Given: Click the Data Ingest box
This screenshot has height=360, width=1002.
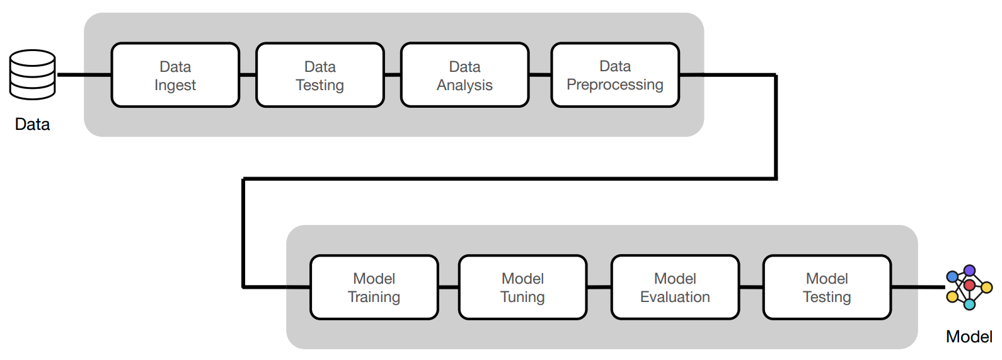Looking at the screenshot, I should [x=175, y=75].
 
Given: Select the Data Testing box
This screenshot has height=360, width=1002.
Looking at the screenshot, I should [x=320, y=75].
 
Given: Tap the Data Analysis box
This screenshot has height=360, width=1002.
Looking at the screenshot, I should [x=464, y=75].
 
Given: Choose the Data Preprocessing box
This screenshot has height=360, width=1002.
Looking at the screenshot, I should [x=615, y=75].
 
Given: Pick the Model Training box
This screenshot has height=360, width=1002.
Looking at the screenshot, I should [x=374, y=287].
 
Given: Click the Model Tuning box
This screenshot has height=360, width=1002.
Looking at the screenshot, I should [x=522, y=287].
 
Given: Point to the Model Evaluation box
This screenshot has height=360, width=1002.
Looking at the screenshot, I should [x=675, y=287].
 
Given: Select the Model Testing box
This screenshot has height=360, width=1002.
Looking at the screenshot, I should [x=827, y=287].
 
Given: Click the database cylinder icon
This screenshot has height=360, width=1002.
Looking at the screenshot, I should [x=33, y=74].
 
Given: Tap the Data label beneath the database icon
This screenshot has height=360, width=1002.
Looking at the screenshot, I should [x=33, y=124].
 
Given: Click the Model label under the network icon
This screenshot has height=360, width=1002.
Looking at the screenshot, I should [x=969, y=337].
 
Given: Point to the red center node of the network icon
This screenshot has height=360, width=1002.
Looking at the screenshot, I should [x=969, y=286].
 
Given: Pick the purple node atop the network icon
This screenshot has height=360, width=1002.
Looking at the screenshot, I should [x=969, y=270].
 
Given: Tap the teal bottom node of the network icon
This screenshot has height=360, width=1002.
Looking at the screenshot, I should [x=969, y=305].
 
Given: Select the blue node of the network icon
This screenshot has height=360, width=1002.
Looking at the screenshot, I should [x=952, y=277].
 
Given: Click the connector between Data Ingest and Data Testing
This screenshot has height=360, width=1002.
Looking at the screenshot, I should [x=248, y=75].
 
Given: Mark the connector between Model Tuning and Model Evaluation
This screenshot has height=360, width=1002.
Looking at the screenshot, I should [x=599, y=287].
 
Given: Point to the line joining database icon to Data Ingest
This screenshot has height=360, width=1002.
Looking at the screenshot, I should [x=84, y=75].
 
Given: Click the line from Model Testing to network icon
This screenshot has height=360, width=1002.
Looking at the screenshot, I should [x=918, y=287].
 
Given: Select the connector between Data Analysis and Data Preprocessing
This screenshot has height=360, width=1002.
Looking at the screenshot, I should [x=540, y=75].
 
